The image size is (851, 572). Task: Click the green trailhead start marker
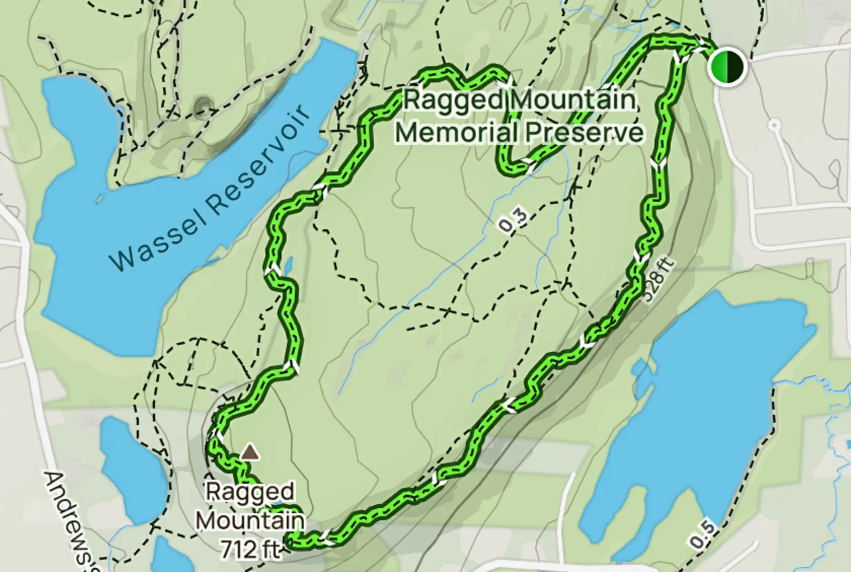pos(726,66)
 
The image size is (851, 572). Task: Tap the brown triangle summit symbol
pos(250,452)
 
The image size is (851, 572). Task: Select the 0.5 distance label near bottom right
pos(702,534)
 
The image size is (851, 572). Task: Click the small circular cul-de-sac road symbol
pos(775,125)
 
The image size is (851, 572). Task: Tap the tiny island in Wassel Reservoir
pos(99,199)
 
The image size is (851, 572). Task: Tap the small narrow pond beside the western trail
pos(288,266)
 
